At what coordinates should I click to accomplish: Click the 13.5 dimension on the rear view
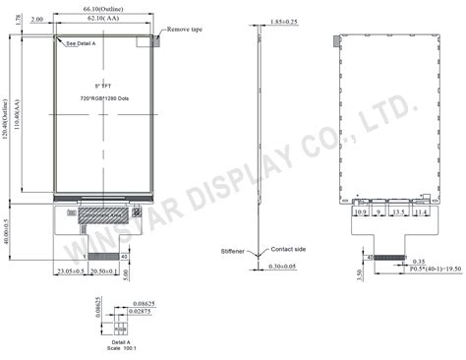397,211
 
